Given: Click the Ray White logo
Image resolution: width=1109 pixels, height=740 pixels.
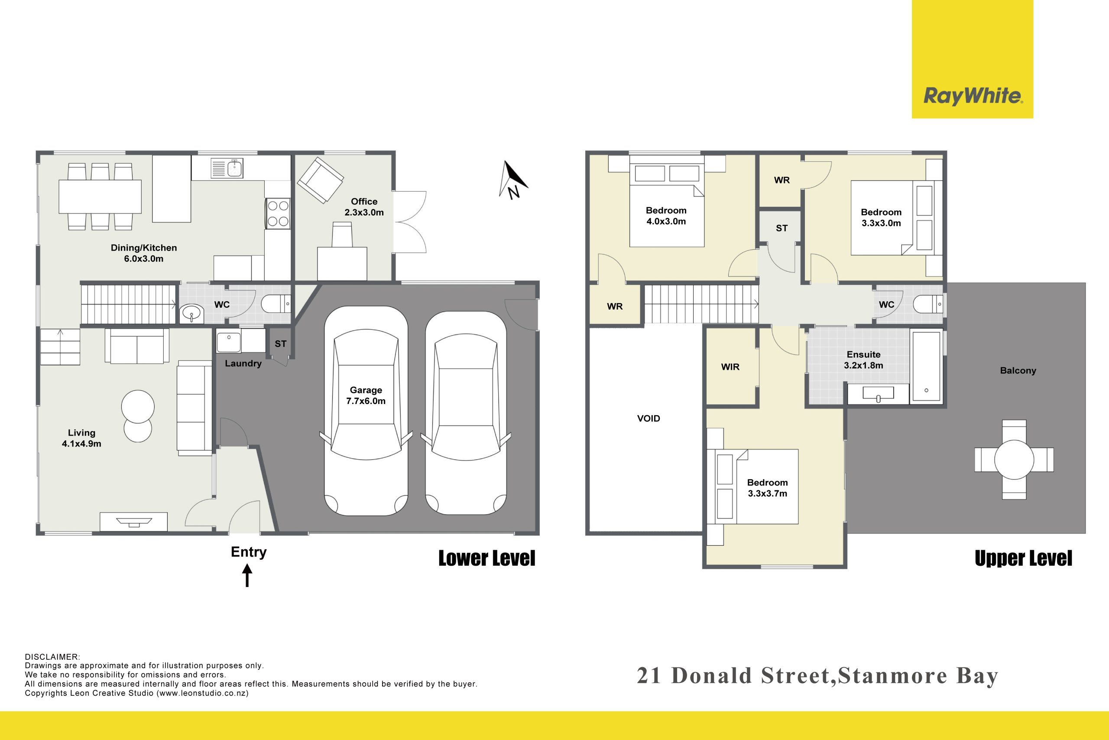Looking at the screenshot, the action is [x=972, y=59].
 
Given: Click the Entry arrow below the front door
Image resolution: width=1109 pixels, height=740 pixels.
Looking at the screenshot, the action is [x=247, y=576].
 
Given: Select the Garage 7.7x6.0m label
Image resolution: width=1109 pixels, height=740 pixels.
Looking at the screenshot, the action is [x=366, y=395].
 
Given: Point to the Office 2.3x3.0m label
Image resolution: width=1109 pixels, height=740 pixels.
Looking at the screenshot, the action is [x=364, y=207].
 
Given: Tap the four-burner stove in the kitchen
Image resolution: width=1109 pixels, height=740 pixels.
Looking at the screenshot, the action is [x=277, y=213].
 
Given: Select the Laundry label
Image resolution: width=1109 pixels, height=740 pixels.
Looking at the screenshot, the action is [x=243, y=363].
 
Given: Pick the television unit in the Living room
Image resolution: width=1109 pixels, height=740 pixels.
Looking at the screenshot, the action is [x=134, y=522].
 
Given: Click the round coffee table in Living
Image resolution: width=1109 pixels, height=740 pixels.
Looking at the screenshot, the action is [x=138, y=406].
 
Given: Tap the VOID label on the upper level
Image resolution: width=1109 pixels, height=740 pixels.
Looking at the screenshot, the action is [x=649, y=418].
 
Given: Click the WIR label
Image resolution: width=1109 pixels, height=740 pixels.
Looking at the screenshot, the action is [x=730, y=367].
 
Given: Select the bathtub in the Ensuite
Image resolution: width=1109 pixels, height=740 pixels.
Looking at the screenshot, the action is [x=927, y=366].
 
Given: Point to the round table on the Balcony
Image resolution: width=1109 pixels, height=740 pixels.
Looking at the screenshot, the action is [x=1014, y=460].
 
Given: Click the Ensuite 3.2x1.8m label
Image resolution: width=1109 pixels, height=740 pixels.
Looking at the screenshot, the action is [x=863, y=360].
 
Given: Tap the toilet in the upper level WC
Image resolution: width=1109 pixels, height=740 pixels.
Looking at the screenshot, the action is [x=928, y=304].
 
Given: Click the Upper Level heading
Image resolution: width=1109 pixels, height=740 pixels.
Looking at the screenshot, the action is [x=1023, y=558].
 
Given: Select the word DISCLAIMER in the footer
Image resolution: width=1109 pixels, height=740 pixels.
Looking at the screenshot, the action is [x=52, y=657].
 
